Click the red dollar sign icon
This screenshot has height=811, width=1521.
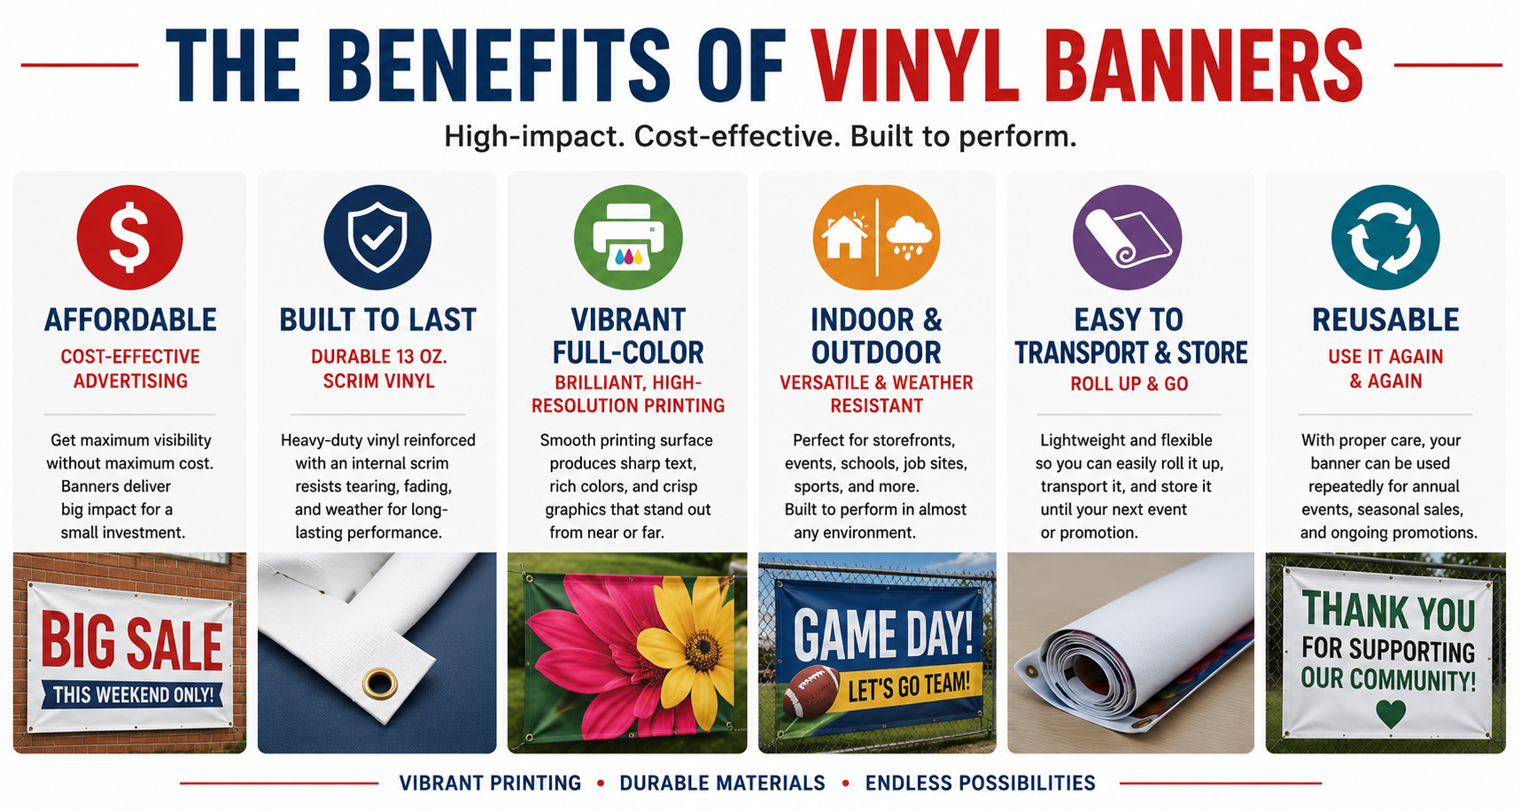130,237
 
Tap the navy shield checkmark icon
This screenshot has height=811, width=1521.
377,237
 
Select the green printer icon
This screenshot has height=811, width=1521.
628,237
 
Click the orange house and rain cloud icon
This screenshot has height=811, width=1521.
876,237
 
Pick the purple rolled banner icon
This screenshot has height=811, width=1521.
1127,237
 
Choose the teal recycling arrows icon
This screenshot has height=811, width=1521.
1385,237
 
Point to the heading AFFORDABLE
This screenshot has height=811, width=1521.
130,320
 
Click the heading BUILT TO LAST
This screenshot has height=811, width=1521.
378,320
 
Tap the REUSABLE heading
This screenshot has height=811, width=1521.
1385,320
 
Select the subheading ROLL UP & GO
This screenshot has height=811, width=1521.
1129,384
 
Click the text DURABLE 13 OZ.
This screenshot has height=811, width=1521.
379,357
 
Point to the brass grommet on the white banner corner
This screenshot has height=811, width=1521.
380,683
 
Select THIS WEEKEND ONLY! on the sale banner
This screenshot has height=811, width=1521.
134,695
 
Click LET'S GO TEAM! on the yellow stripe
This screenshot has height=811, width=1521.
910,685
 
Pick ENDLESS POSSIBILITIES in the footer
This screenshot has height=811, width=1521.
981,784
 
